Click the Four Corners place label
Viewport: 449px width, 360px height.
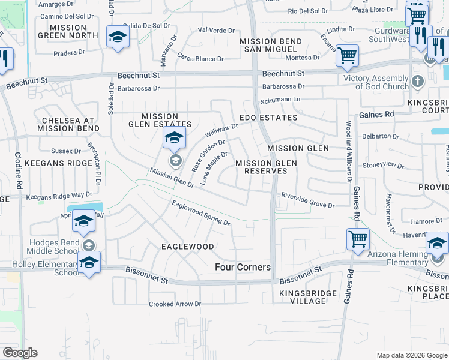pos(243,267)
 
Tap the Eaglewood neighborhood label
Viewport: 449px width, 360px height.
pos(188,247)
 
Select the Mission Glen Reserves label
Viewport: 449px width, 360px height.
pos(261,167)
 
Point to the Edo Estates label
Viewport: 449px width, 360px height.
pos(268,118)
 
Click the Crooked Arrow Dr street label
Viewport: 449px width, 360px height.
pos(175,304)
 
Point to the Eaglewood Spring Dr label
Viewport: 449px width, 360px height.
pos(201,214)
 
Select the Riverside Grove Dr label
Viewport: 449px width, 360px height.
pos(307,200)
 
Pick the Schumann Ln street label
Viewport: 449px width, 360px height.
pos(280,98)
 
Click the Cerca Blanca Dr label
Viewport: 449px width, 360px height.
pos(200,59)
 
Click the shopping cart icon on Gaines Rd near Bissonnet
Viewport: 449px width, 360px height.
pos(358,238)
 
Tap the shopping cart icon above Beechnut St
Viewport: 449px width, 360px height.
pos(347,55)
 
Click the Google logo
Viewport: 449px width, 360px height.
pos(20,353)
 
